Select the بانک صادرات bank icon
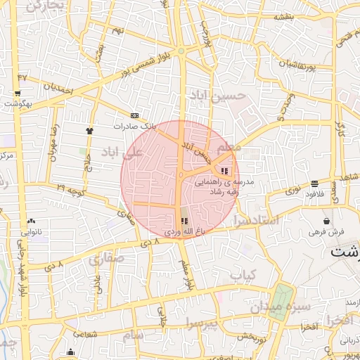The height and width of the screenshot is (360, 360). point(134,116)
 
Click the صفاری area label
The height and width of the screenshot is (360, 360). point(105,259)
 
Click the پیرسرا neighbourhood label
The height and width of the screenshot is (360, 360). point(204,323)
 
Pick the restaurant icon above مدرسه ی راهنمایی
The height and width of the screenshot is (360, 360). point(224,170)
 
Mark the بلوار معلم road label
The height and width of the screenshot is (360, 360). point(186,274)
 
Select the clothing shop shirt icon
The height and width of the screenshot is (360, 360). point(89,131)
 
